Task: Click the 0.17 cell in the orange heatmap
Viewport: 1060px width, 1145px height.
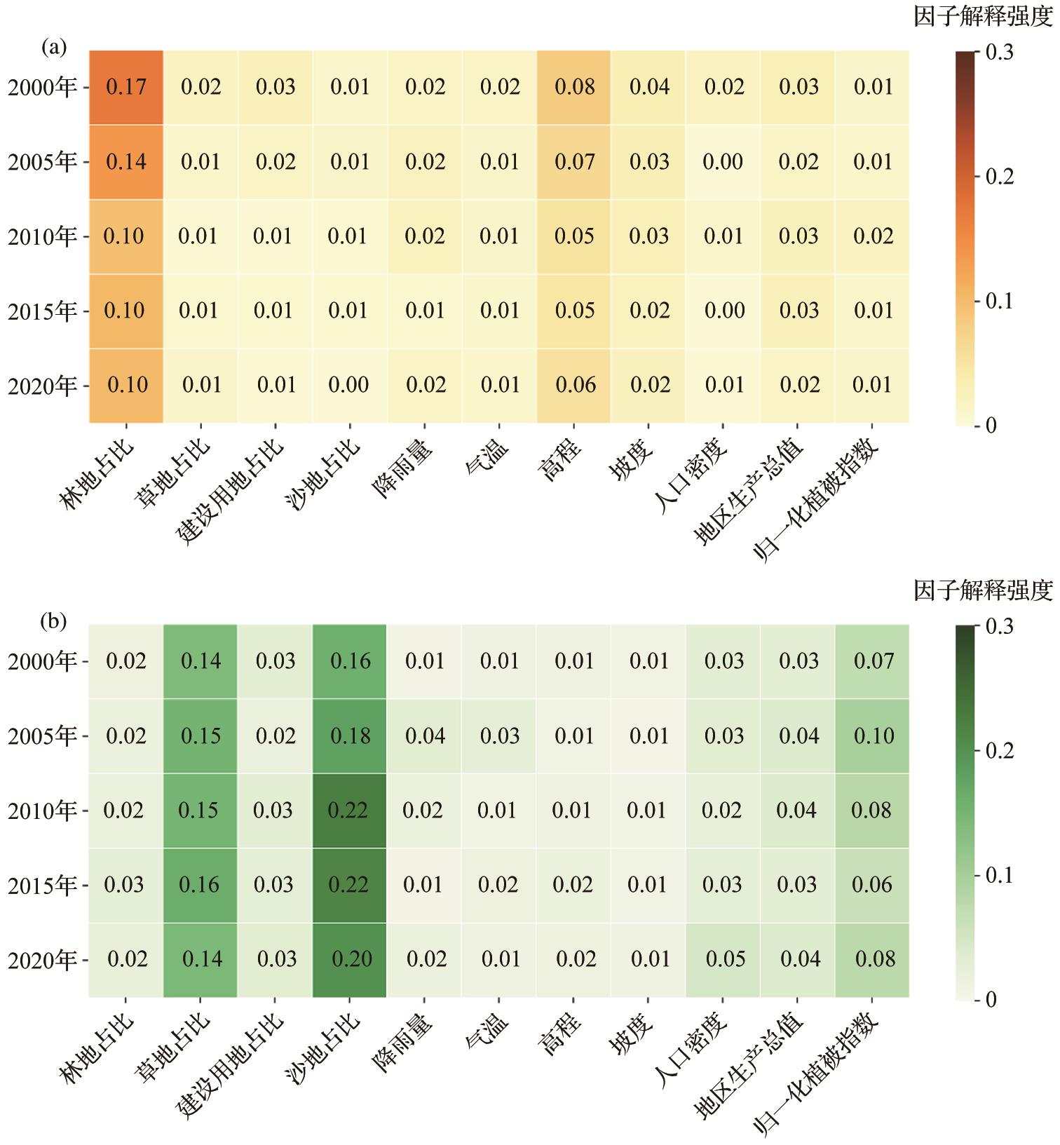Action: point(126,87)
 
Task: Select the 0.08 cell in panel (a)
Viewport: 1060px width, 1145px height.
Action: point(574,87)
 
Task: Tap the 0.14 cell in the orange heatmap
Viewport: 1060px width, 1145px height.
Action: point(126,162)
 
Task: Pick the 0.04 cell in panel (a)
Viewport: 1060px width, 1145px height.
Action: point(649,87)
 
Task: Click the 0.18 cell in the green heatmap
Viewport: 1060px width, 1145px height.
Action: point(350,736)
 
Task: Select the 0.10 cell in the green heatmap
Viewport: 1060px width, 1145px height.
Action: point(874,736)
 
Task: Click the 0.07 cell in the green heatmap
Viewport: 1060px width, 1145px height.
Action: point(874,661)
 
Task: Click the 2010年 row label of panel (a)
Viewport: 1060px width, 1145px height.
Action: point(42,237)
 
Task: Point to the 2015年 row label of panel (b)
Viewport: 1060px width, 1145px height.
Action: point(42,886)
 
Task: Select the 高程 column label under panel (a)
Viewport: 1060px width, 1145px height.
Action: point(561,460)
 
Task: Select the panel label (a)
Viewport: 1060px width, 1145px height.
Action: point(54,47)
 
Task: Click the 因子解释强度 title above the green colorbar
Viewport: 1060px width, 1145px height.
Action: point(983,591)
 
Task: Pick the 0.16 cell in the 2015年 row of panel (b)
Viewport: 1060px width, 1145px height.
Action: point(199,885)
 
